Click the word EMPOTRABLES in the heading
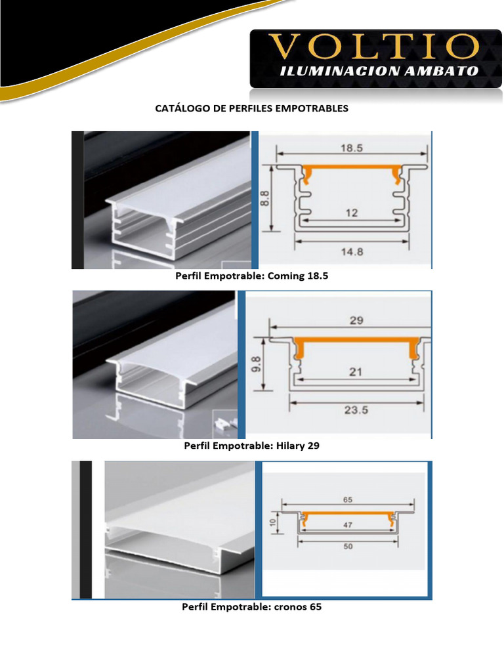(312, 108)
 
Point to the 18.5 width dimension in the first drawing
(352, 148)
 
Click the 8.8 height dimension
(265, 198)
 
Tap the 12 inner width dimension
(352, 213)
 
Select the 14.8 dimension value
(352, 251)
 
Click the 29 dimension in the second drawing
(356, 320)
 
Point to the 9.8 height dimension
(256, 364)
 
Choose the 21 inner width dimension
(355, 371)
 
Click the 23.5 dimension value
(356, 410)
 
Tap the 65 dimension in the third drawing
(348, 499)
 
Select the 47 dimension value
(348, 525)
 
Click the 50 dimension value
(348, 547)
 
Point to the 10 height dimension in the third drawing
(272, 522)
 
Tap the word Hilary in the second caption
(290, 446)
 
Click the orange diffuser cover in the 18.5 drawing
(352, 167)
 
